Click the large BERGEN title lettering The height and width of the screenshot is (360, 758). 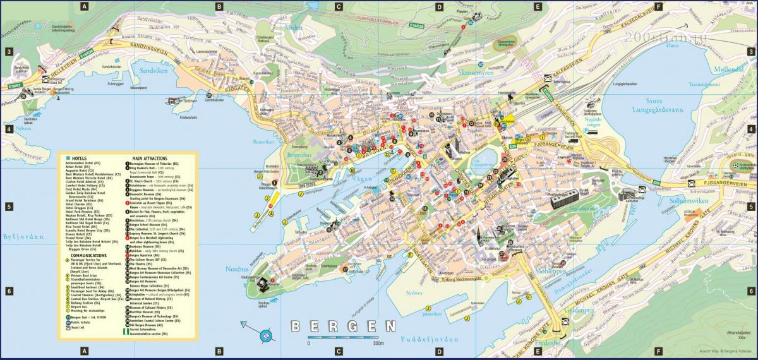(342, 327)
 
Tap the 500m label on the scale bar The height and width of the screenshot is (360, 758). (378, 344)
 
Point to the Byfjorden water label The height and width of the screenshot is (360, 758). (23, 237)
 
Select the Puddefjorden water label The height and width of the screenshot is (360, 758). (429, 339)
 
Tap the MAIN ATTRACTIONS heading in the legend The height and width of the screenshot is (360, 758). (150, 158)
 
